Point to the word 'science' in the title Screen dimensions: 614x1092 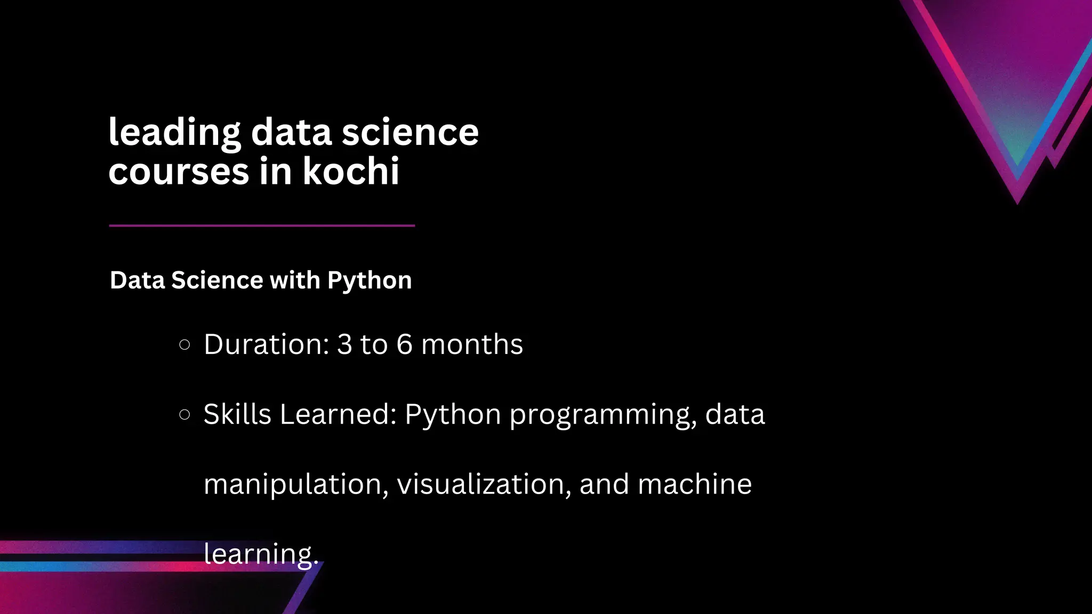(410, 132)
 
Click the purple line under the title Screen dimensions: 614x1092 (262, 225)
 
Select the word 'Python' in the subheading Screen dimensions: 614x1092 (370, 280)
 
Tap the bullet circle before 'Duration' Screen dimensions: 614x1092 (184, 345)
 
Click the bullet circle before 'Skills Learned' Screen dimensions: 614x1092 (184, 415)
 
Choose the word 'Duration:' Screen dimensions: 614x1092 (267, 344)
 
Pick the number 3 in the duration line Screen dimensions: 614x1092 (344, 344)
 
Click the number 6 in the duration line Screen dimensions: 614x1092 (404, 344)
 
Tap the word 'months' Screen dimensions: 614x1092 (472, 344)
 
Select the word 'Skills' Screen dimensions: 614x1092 (237, 414)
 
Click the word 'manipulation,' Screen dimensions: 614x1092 (296, 484)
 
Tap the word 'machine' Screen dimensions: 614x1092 (694, 484)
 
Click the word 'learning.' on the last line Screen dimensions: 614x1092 (261, 554)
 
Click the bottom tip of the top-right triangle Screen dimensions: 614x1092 (1017, 203)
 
